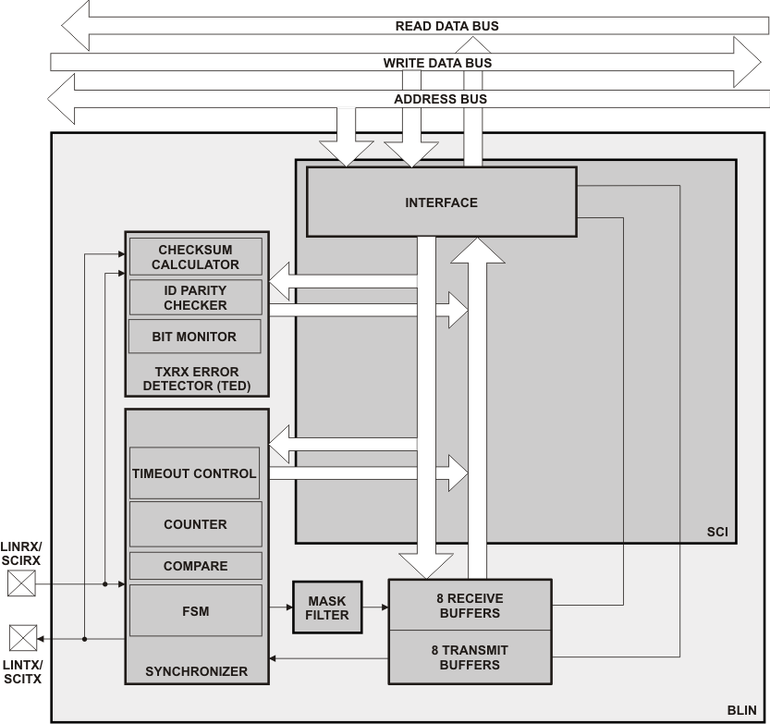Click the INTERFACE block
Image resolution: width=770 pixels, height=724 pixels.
[x=441, y=202]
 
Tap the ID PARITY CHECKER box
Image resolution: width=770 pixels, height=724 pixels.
[x=195, y=298]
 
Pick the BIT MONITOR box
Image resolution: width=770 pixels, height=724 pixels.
[x=194, y=337]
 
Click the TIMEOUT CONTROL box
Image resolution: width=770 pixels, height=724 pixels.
[x=194, y=473]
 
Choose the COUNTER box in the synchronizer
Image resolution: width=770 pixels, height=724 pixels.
[x=195, y=524]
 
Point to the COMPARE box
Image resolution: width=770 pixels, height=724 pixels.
[x=195, y=566]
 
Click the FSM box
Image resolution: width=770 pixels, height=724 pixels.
[x=195, y=610]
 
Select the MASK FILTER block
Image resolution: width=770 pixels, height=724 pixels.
[x=327, y=607]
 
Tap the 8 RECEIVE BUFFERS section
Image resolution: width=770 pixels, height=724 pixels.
[x=469, y=605]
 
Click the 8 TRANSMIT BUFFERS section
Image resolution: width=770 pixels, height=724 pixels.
[x=469, y=657]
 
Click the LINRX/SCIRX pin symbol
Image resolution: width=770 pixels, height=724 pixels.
[x=22, y=584]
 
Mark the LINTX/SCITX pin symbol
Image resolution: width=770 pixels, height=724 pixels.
[x=22, y=638]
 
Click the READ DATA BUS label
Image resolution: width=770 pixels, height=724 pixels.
[x=446, y=26]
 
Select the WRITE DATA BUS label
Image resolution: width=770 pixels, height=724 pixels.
[x=437, y=63]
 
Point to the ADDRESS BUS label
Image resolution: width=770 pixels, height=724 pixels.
[x=440, y=99]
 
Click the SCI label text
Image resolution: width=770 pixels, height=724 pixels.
[x=716, y=533]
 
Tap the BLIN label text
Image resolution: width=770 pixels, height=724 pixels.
[x=741, y=711]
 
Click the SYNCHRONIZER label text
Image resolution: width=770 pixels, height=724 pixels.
[x=196, y=671]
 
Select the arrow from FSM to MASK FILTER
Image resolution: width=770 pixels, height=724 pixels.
[x=281, y=607]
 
